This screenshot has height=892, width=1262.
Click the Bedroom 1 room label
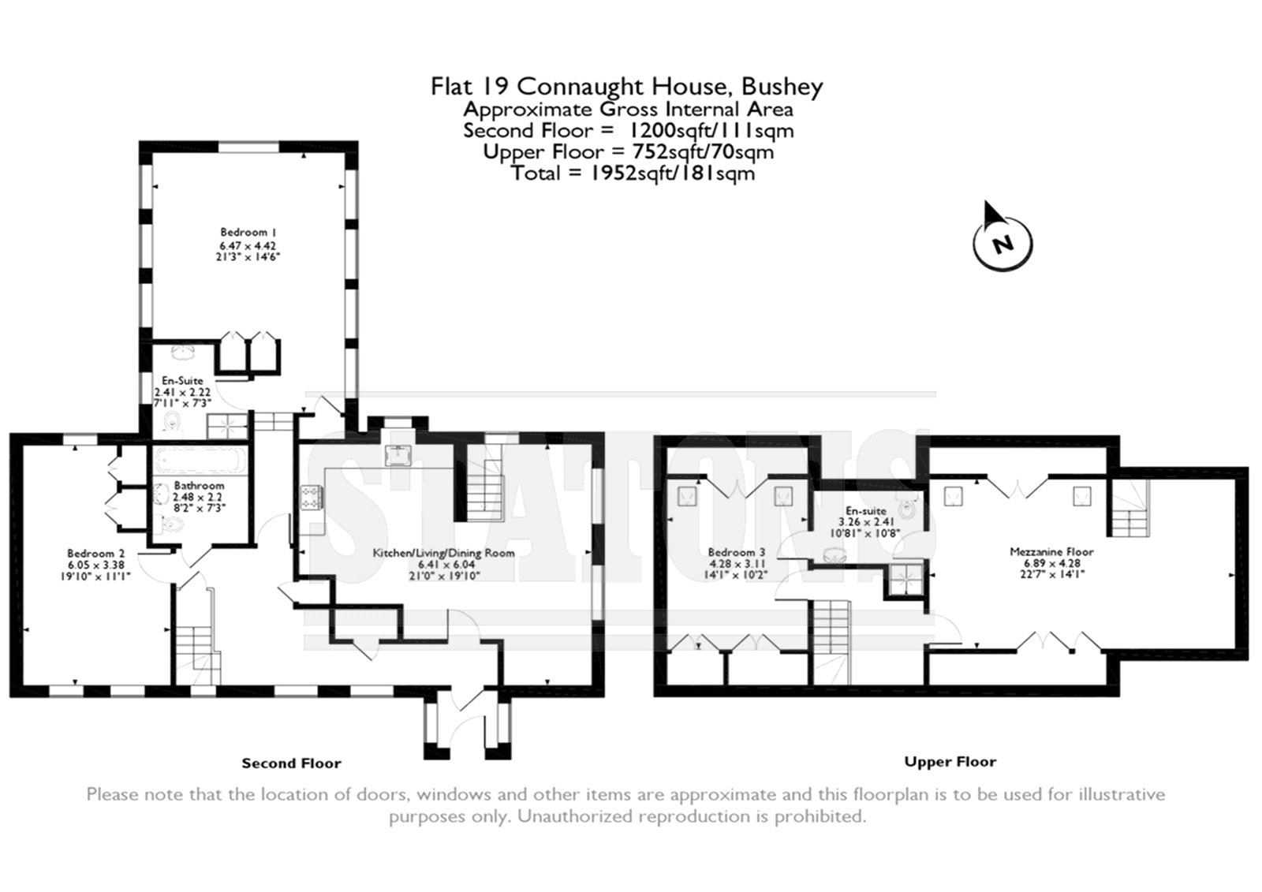pyautogui.click(x=248, y=232)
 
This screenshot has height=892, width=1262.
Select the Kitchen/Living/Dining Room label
pyautogui.click(x=443, y=553)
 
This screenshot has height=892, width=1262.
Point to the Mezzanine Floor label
pyautogui.click(x=1051, y=551)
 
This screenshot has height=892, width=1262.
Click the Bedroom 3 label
pyautogui.click(x=737, y=552)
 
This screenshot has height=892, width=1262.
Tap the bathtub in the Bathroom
pyautogui.click(x=200, y=461)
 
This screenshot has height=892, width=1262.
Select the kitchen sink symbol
pyautogui.click(x=398, y=455)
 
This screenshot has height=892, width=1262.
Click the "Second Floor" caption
pyautogui.click(x=291, y=763)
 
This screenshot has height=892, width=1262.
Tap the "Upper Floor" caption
pyautogui.click(x=950, y=762)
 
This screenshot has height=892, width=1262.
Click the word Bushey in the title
pyautogui.click(x=782, y=87)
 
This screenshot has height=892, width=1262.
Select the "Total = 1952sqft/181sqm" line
pyautogui.click(x=633, y=173)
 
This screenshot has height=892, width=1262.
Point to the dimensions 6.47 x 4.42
pyautogui.click(x=248, y=246)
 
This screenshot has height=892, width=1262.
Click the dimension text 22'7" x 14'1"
pyautogui.click(x=1051, y=574)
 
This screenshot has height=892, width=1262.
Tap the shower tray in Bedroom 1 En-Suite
pyautogui.click(x=227, y=426)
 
